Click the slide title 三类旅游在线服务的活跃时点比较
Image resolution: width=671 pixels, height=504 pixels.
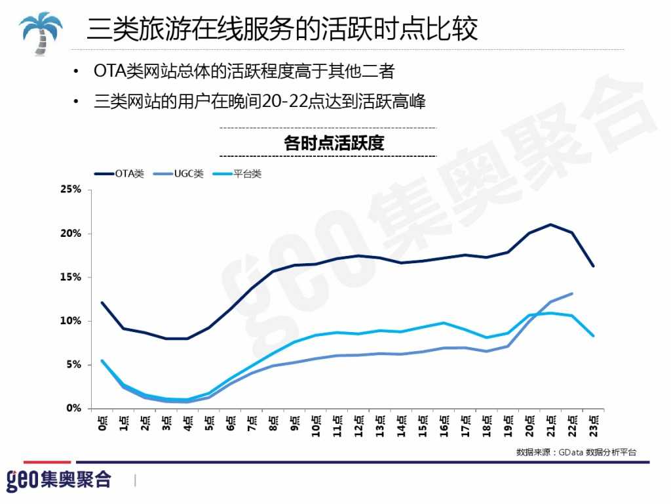point(282,30)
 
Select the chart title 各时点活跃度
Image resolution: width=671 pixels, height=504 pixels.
point(334,142)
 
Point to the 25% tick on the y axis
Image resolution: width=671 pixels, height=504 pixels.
point(70,190)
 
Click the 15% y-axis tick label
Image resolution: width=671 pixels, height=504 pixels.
point(70,277)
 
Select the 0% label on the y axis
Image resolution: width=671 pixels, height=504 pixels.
point(73,408)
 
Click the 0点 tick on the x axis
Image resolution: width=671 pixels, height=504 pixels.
point(102,423)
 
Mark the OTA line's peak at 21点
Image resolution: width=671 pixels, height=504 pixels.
point(550,224)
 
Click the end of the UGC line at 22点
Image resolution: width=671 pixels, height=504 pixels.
point(572,293)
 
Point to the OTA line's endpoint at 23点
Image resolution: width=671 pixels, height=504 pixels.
point(593,266)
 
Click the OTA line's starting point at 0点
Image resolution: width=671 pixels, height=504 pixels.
point(102,303)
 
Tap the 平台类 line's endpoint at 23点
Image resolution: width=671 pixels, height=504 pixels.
point(593,335)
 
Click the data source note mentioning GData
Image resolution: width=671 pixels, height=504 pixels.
point(576,452)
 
